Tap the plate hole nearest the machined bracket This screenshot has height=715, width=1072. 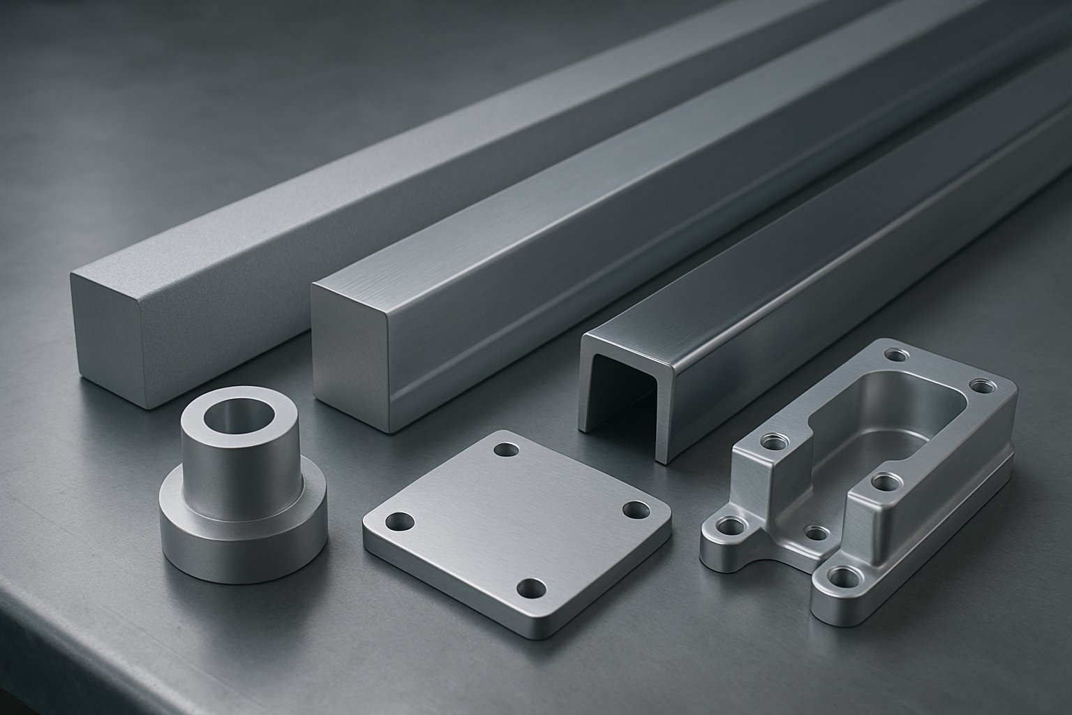[x=634, y=509]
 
